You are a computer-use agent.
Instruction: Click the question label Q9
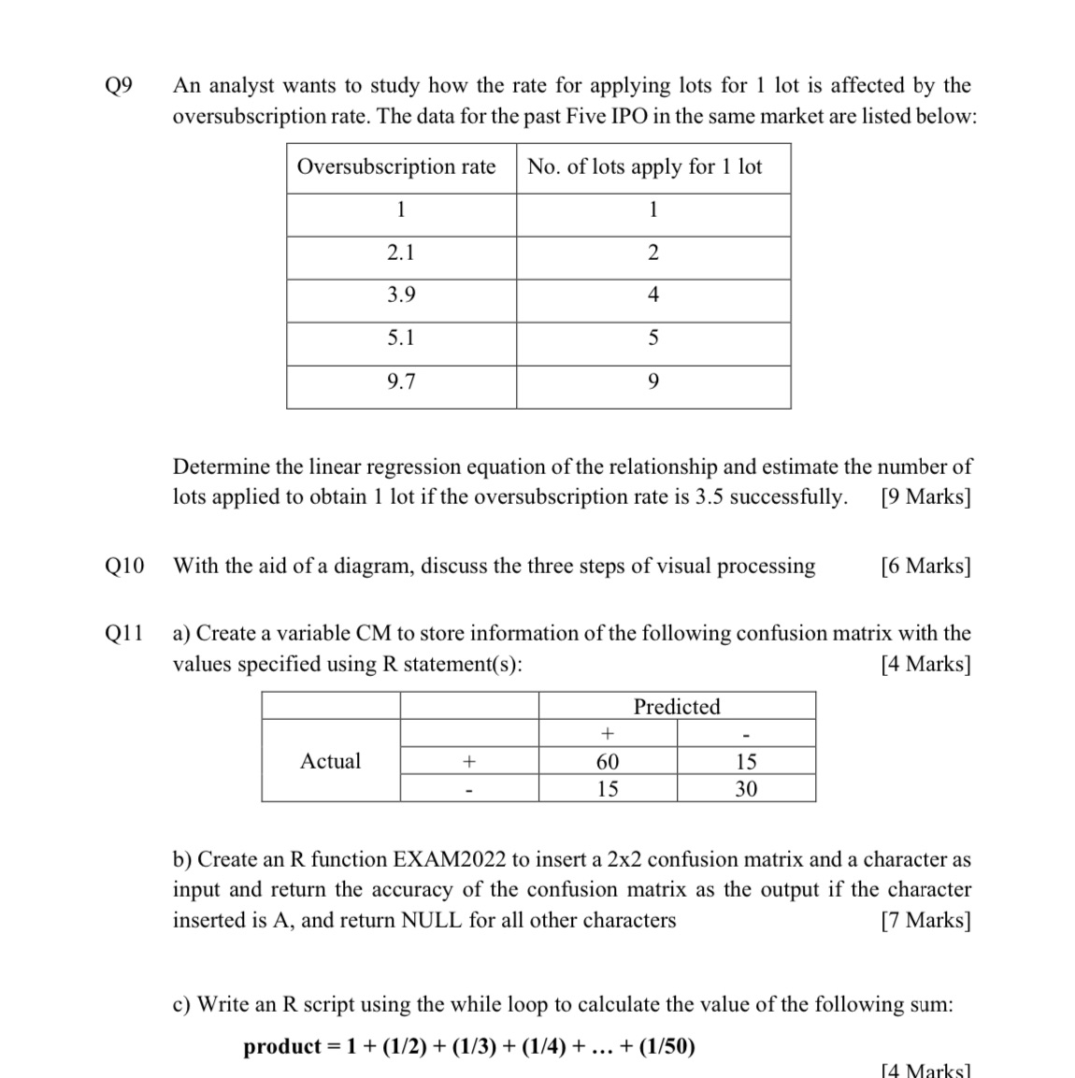(119, 86)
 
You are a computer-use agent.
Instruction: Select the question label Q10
(124, 566)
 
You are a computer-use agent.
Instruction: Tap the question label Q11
(124, 633)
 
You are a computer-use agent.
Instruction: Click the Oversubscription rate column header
(396, 167)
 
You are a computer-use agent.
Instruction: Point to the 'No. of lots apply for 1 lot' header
(645, 167)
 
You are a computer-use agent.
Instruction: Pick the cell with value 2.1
(401, 252)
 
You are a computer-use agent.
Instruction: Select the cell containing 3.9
(401, 295)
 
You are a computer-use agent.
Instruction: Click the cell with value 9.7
(401, 381)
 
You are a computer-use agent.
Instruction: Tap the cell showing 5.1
(401, 338)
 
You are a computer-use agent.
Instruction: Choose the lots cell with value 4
(653, 295)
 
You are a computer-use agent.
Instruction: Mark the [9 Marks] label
(925, 496)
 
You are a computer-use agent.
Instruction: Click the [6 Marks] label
(925, 566)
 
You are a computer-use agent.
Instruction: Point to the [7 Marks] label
(925, 920)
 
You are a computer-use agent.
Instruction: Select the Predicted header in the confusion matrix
(677, 707)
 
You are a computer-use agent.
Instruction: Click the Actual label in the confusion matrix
(330, 761)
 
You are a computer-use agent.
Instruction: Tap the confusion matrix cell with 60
(608, 762)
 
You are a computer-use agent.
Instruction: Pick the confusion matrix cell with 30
(746, 789)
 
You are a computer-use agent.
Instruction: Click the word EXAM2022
(451, 859)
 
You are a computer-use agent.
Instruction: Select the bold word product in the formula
(282, 1046)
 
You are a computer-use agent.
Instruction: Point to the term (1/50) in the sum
(666, 1046)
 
